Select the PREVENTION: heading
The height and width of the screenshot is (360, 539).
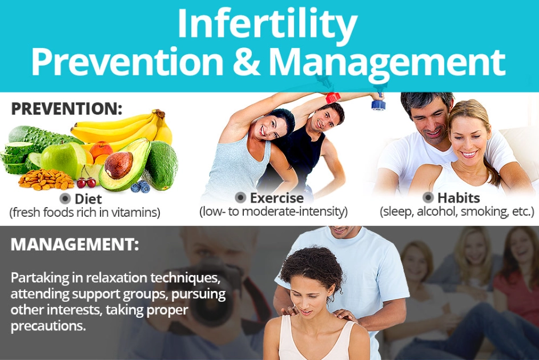[67, 108]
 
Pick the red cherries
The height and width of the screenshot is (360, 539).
[86, 182]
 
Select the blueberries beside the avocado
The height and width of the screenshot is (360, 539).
[139, 187]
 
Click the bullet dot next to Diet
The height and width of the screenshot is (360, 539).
[66, 199]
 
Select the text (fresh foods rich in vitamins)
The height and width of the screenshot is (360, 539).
[85, 213]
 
